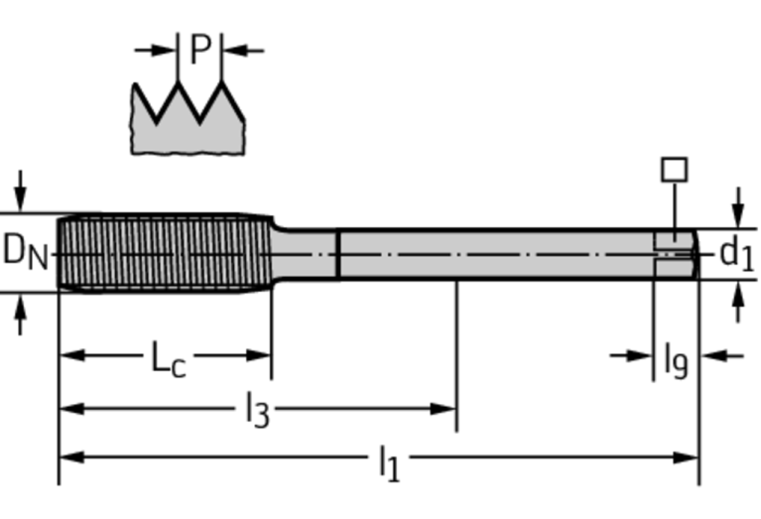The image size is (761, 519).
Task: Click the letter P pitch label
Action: point(199,50)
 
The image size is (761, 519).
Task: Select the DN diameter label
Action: point(25,251)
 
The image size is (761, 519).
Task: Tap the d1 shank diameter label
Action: point(735,253)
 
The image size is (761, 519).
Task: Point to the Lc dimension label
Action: point(168,358)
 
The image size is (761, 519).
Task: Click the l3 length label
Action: point(257,410)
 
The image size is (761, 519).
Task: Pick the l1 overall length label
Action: point(389,461)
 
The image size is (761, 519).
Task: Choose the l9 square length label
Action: point(676,359)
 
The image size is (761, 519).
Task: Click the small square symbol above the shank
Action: point(675,169)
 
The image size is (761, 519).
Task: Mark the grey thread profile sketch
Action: point(188,124)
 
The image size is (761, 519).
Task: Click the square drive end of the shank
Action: point(675,253)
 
